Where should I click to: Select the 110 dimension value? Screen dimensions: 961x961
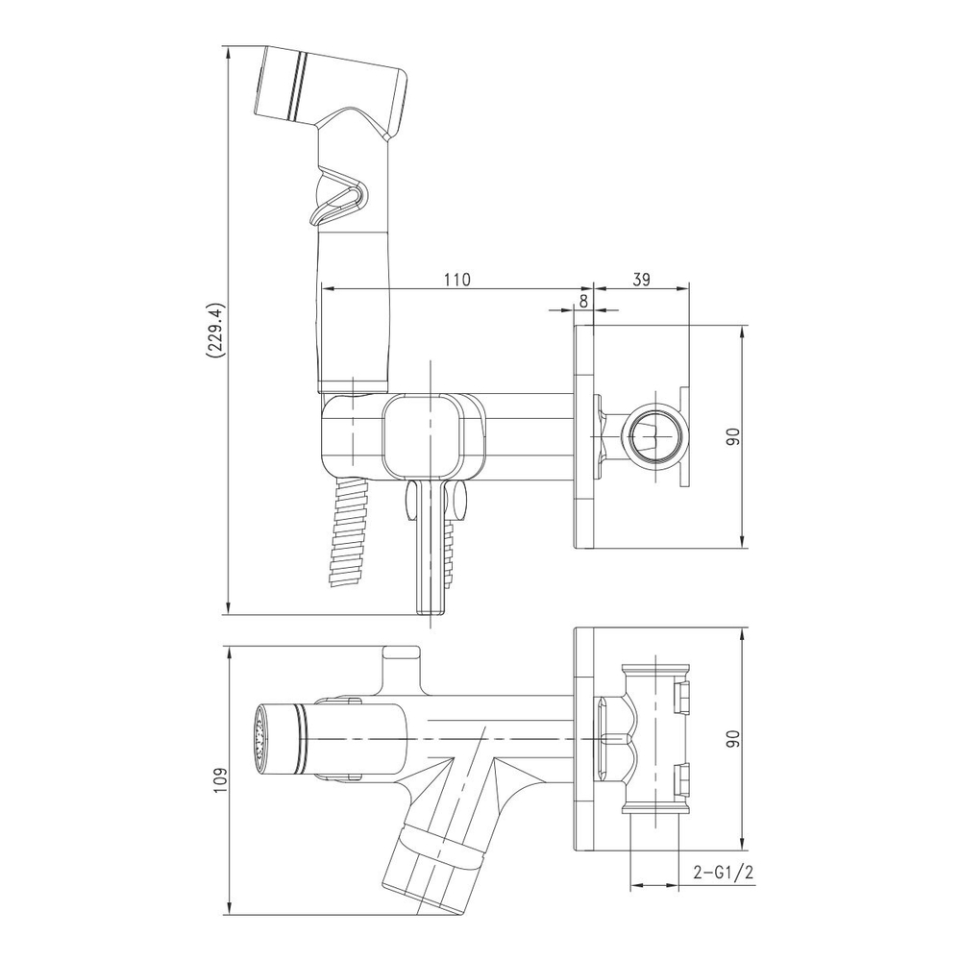[457, 280]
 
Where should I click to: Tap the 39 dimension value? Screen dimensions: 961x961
[640, 280]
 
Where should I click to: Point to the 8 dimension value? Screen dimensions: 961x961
[583, 301]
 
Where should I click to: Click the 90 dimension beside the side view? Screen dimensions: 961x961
[733, 436]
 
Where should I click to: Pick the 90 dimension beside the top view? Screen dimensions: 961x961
[733, 739]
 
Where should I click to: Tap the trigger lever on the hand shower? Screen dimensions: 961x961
[338, 196]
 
